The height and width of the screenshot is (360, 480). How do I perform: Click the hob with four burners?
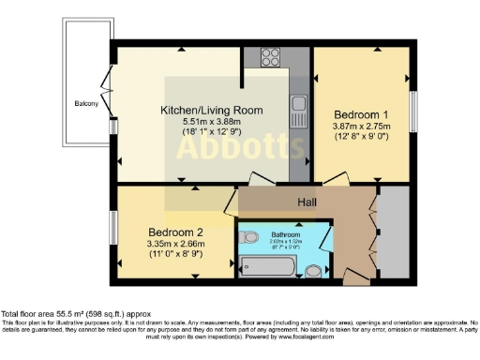(272, 54)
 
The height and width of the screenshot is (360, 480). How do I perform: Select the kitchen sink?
(298, 111)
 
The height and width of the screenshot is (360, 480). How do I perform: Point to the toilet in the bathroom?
(312, 271)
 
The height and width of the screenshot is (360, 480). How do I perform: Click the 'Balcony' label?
(86, 103)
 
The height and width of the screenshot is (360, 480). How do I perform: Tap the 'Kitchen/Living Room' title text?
(212, 110)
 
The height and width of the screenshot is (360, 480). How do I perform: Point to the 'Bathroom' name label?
(285, 233)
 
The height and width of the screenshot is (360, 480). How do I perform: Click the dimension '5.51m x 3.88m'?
(212, 122)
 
